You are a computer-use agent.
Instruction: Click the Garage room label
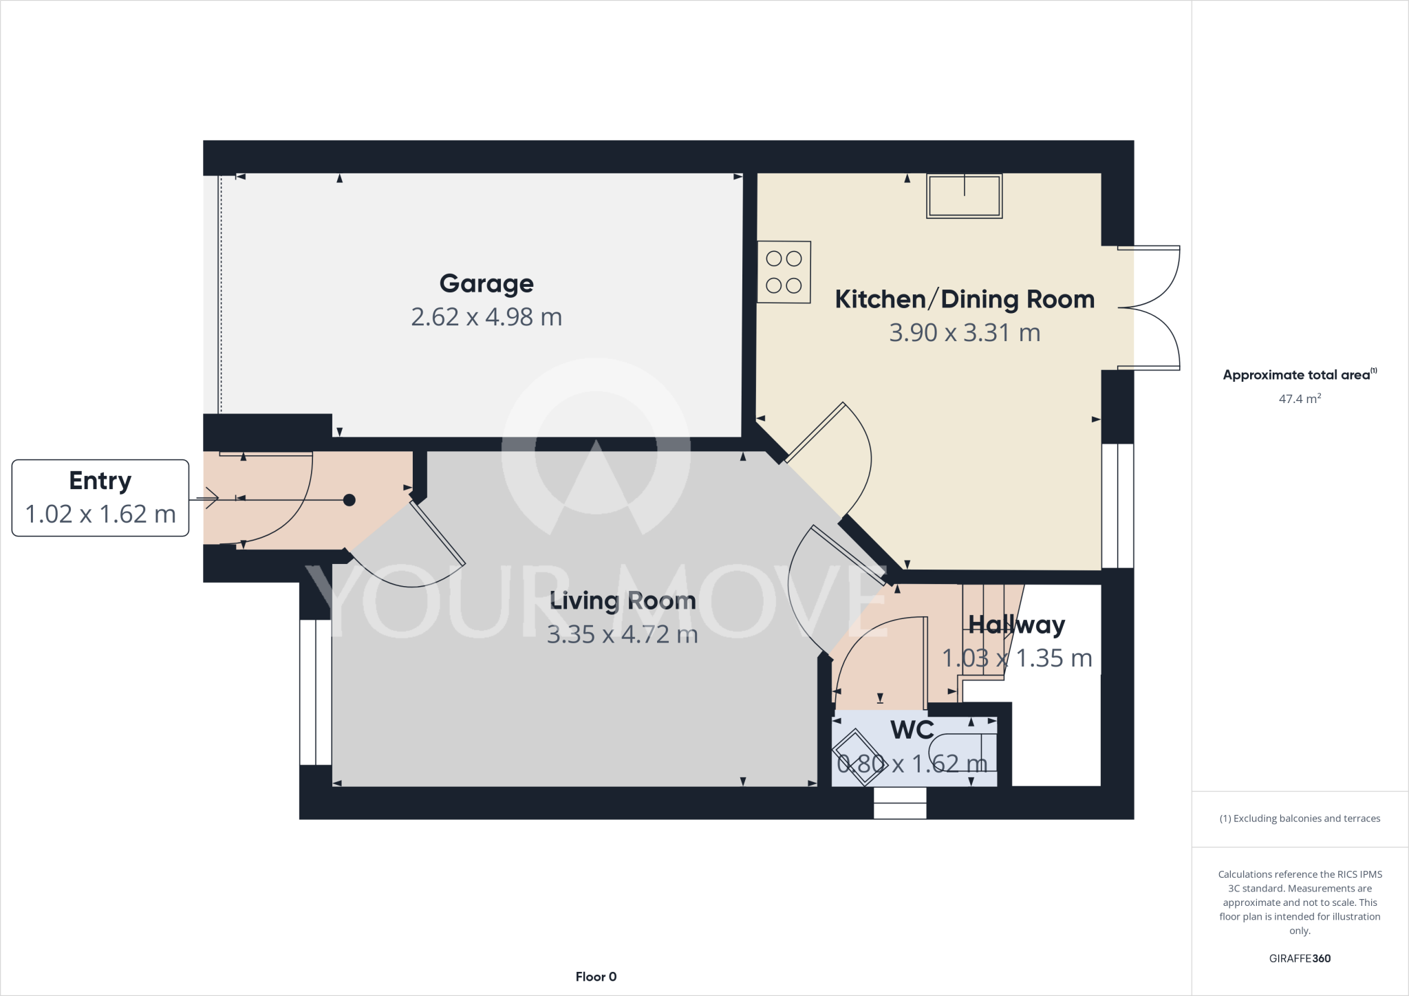(486, 283)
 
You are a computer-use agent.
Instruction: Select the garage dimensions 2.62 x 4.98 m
(486, 317)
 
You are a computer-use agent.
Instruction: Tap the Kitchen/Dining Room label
(964, 299)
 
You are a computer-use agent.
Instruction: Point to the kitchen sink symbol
(964, 196)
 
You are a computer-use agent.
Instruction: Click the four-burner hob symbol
(784, 272)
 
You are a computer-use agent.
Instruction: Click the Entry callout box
(100, 497)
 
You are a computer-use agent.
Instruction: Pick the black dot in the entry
(349, 500)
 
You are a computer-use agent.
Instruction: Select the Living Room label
(623, 601)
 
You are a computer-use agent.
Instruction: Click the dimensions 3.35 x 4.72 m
(623, 634)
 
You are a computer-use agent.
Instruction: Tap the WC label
(912, 730)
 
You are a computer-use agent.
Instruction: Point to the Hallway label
(1016, 625)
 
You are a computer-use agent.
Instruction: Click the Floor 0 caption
(596, 977)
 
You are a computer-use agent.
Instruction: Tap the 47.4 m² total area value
(1300, 399)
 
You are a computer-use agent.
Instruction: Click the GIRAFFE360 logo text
(1300, 958)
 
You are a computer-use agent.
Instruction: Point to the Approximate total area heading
(1297, 375)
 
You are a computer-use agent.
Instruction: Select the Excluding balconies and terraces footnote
(1300, 819)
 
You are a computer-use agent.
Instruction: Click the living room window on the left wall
(316, 692)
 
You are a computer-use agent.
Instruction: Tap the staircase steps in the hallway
(984, 633)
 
